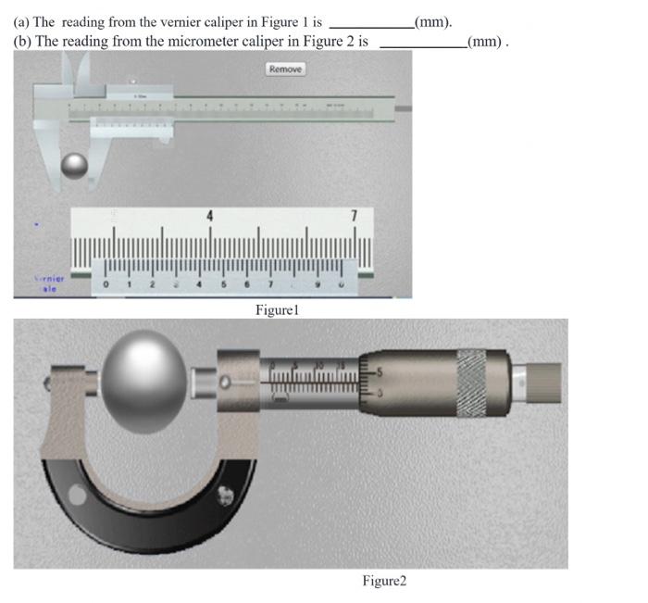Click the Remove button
tap(285, 69)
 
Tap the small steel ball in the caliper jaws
tap(74, 166)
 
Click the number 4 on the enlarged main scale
tap(209, 216)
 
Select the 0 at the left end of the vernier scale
tap(107, 283)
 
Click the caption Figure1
tap(278, 309)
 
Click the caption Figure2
tap(384, 581)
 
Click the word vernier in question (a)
tap(185, 21)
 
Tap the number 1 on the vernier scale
tap(131, 283)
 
